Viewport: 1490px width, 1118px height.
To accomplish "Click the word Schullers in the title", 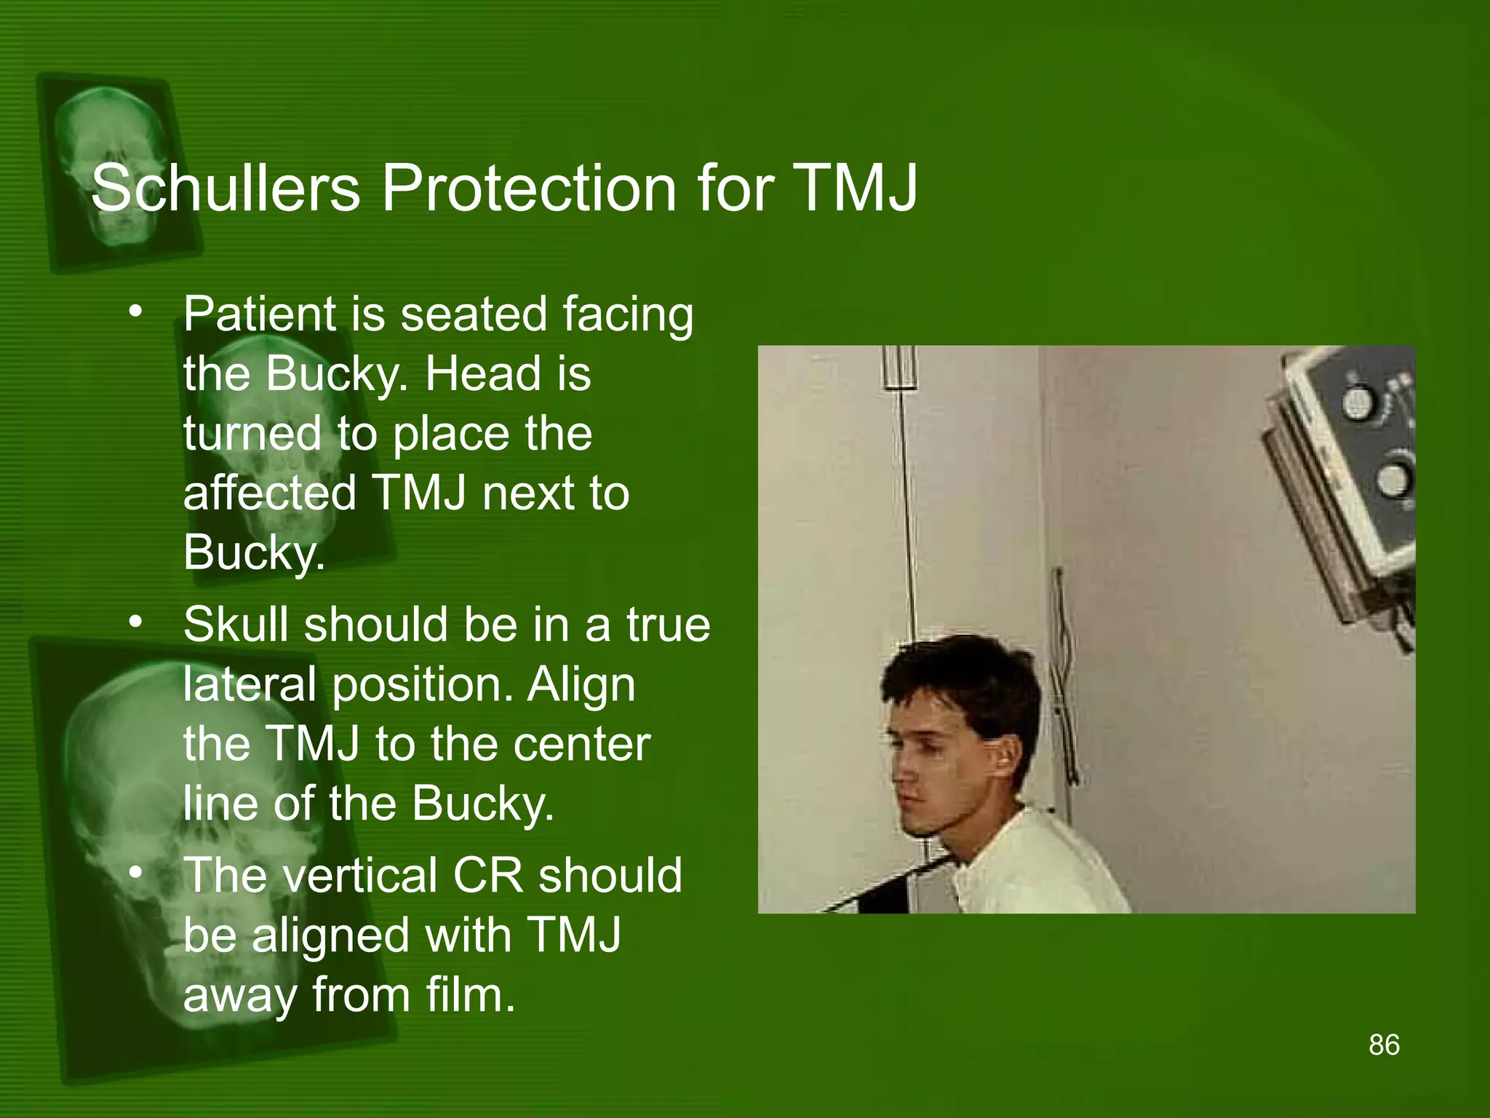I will [x=226, y=188].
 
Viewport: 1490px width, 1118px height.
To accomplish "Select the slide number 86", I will [x=1384, y=1045].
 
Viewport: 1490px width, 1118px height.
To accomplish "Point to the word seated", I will [x=474, y=314].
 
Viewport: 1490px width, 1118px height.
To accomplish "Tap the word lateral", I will [x=249, y=684].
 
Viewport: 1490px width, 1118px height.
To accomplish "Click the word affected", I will [x=270, y=493].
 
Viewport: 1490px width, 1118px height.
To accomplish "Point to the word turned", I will [x=251, y=434].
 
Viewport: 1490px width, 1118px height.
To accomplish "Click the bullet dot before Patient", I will [x=135, y=313].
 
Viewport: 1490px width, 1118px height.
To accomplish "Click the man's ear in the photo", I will [x=1006, y=764].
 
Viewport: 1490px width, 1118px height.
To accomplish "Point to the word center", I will [x=582, y=744].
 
